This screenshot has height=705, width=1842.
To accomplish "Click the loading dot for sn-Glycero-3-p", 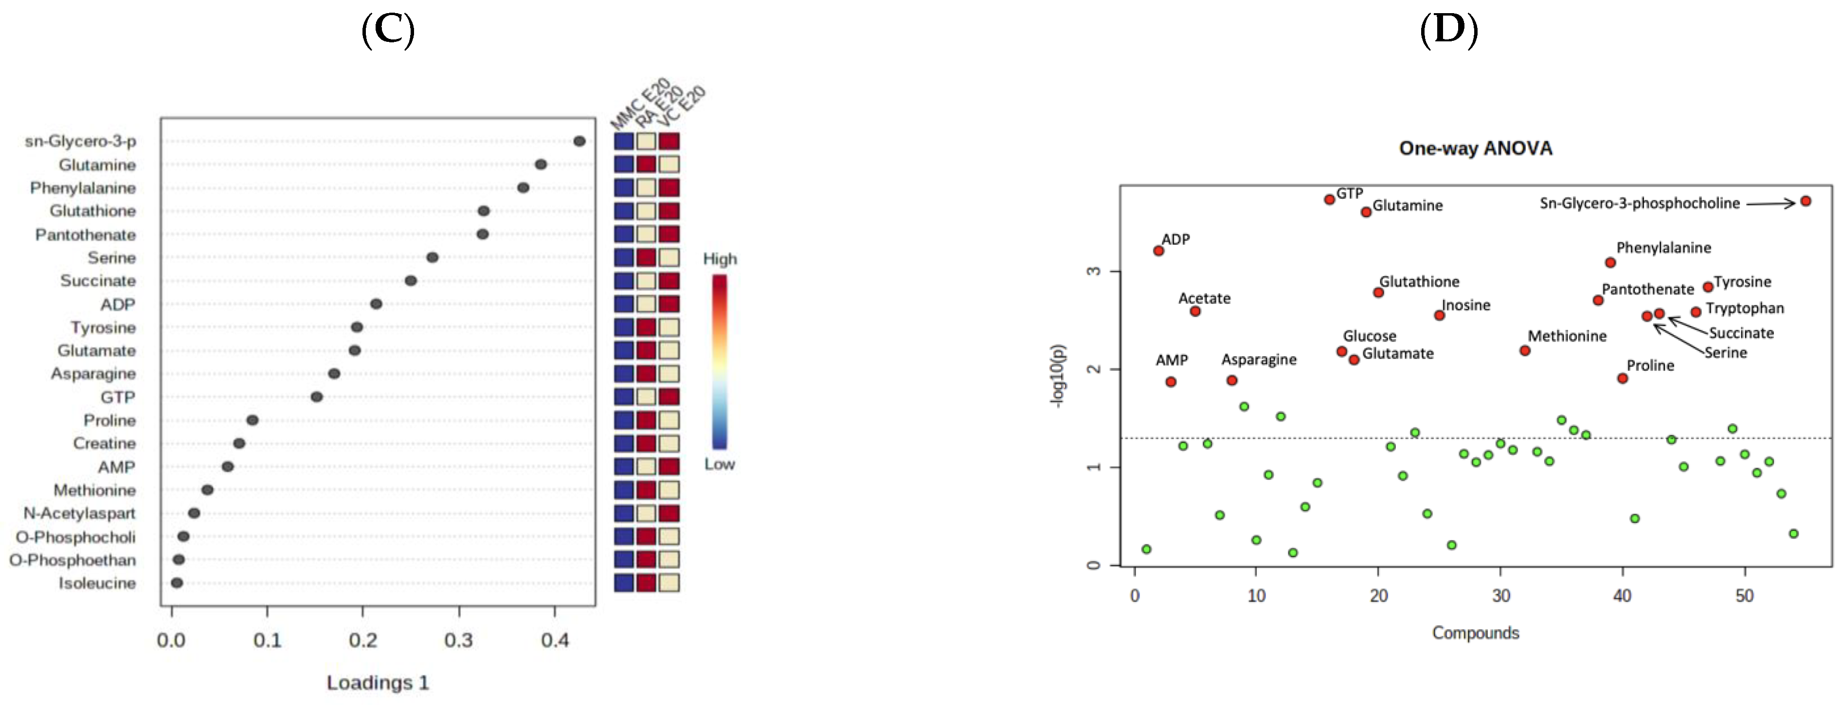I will coord(579,142).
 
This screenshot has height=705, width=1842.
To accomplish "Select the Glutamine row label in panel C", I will coord(97,165).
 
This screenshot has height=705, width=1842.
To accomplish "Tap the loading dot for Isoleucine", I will coord(177,583).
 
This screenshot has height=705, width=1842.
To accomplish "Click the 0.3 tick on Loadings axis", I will coord(458,640).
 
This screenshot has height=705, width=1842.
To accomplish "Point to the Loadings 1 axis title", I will coord(378,683).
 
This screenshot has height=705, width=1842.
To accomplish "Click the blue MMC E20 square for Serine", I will coord(624,257).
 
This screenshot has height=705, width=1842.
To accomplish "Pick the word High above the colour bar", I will coord(720,259).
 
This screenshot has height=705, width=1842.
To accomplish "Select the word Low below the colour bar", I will coord(720,464).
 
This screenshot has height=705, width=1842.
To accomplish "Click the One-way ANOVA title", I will coord(1475,148).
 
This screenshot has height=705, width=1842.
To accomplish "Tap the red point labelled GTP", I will coord(1329,199).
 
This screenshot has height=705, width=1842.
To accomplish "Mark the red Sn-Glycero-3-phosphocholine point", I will coord(1806,201).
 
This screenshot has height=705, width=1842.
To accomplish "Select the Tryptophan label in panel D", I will coord(1744,308).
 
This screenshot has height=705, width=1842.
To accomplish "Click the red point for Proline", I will coord(1623,378).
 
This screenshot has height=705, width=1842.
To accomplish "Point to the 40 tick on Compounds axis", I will coord(1623,596).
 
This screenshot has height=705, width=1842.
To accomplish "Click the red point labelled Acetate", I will coord(1195,311).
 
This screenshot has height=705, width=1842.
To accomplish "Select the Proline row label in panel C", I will coord(109,420).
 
